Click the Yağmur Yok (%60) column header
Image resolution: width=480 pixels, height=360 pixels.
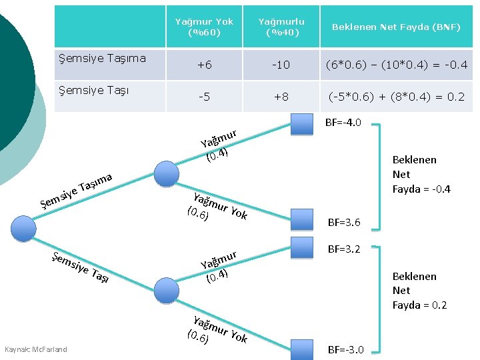pos(204,27)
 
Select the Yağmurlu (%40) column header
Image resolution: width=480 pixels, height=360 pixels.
pos(281,27)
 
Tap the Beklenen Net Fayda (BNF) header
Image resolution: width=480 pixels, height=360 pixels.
pos(396,27)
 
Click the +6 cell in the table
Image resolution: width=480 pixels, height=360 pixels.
pos(204,65)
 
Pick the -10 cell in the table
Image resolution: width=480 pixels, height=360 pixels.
pos(281,65)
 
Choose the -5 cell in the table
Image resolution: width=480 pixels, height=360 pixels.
pos(204,97)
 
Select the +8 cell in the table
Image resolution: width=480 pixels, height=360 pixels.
pos(281,97)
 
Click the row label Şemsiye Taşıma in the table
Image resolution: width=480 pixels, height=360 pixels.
pos(103,58)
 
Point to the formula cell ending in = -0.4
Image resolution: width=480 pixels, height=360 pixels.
pos(396,65)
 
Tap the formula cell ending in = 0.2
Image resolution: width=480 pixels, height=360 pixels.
pos(396,97)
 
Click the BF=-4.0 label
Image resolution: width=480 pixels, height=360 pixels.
pos(343,123)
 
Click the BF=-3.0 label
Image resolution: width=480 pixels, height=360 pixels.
pos(345,350)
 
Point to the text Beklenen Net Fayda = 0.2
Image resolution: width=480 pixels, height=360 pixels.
pos(419,291)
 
